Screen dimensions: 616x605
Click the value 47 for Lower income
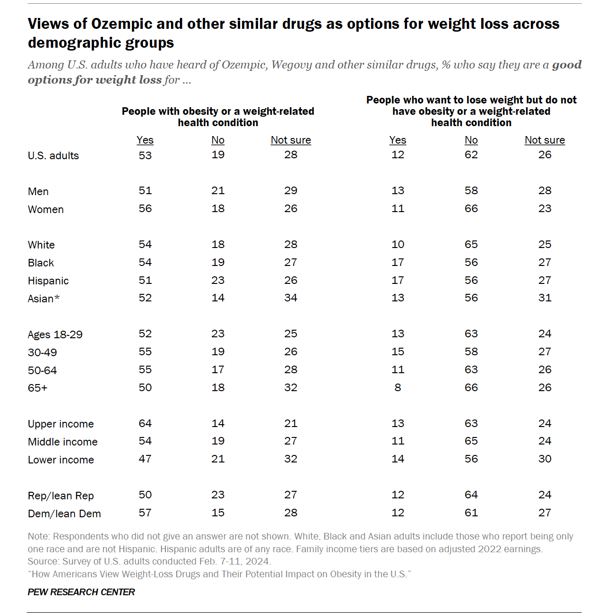[x=145, y=459]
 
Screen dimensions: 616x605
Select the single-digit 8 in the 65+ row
[x=398, y=387]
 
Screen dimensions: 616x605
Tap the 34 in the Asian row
[x=291, y=298]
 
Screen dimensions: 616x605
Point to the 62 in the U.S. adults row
[x=471, y=154]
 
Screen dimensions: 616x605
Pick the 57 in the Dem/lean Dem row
[x=145, y=513]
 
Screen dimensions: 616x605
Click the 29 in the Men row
[x=291, y=190]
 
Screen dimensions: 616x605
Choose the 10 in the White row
[x=398, y=244]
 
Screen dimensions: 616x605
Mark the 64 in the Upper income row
[x=145, y=423]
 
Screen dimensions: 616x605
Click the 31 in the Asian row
[x=544, y=298]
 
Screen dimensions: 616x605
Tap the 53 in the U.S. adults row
[x=145, y=155]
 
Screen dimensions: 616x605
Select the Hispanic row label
[x=48, y=281]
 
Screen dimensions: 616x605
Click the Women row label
[x=45, y=209]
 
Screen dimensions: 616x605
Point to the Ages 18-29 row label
[x=55, y=334]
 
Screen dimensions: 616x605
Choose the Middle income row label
[x=62, y=442]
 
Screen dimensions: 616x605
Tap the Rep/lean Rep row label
[x=60, y=496]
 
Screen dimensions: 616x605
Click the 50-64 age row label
[x=42, y=370]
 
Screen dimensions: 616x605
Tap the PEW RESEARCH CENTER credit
[x=81, y=592]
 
